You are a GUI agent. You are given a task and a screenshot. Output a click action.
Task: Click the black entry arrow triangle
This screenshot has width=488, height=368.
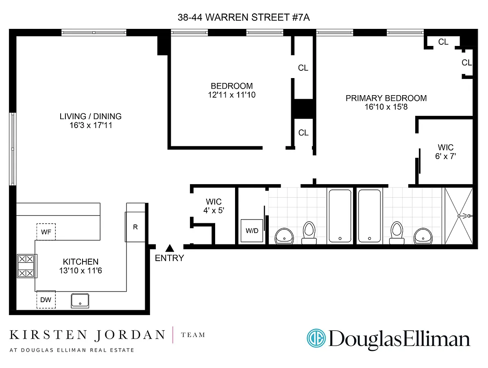point(170,248)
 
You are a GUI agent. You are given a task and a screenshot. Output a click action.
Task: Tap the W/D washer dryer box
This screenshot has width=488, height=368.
point(252,231)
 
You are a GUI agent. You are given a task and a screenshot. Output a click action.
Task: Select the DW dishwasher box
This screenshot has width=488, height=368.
point(46,299)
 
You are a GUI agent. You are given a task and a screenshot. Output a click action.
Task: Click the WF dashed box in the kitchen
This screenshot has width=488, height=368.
point(46,232)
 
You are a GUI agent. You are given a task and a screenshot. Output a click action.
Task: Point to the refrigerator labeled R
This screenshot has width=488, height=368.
point(135,227)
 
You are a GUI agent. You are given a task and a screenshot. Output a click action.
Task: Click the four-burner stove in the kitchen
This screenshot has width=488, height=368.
point(27,266)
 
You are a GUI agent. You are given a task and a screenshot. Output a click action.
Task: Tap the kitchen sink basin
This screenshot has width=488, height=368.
point(80,300)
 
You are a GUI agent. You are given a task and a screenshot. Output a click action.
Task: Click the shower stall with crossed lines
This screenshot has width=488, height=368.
point(459,216)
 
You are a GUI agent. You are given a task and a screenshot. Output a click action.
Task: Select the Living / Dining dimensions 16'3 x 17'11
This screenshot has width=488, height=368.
point(91,125)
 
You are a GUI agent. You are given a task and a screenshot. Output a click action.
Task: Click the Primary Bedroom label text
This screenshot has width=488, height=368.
point(386,98)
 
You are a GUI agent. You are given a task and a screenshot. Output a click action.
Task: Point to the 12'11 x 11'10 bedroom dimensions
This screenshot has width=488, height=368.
point(232,95)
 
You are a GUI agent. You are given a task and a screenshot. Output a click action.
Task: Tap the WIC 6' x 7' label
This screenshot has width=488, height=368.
point(446,152)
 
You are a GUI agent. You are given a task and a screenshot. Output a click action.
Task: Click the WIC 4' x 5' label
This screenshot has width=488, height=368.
point(213,206)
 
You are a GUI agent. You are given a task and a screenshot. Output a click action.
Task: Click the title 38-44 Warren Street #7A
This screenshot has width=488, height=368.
point(244,17)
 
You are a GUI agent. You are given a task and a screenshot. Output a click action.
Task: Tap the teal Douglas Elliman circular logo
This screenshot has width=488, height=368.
point(316,338)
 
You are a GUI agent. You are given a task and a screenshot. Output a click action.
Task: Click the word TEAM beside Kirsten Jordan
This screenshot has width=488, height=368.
point(193,335)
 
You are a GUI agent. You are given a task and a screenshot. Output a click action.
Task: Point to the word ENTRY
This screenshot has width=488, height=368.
point(170,258)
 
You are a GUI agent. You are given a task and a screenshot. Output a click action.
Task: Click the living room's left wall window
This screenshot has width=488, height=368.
point(13,149)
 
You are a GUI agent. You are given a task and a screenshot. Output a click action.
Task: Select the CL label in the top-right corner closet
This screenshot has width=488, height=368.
point(443,42)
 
